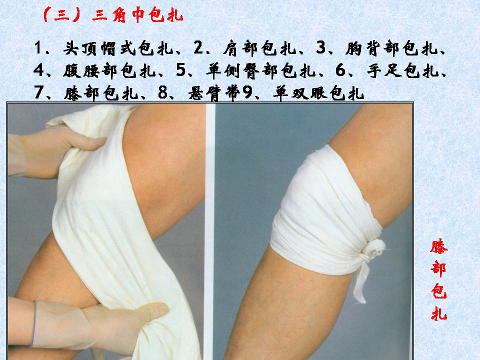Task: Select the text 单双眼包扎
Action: (x=318, y=93)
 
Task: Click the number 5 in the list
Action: (x=181, y=71)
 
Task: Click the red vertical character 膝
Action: (x=439, y=247)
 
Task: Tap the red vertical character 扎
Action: (x=439, y=313)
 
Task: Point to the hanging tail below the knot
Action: (x=361, y=282)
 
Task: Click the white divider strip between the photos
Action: (x=209, y=225)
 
